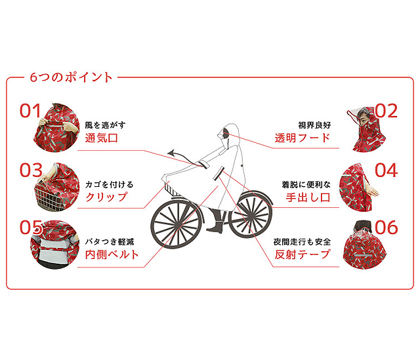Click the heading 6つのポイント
click(71, 77)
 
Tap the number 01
click(30, 111)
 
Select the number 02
click(387, 111)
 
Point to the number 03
click(31, 170)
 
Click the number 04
click(386, 170)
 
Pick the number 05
click(31, 228)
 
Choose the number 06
click(387, 228)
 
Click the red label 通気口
click(101, 138)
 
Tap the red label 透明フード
click(303, 138)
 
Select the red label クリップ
click(106, 197)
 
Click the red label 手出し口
click(308, 197)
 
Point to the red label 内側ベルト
click(112, 254)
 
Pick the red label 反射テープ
click(303, 254)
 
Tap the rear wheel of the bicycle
click(251, 214)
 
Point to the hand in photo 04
click(373, 191)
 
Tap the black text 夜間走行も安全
click(302, 242)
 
